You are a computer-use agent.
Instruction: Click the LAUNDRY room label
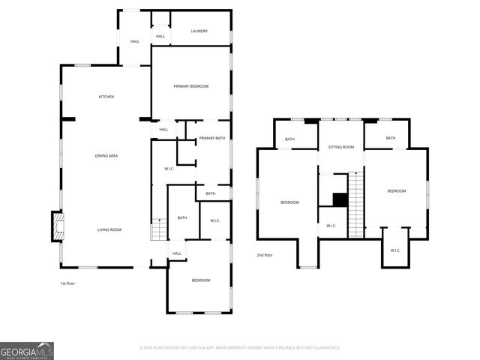tap(199, 31)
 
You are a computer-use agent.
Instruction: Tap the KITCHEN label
tap(106, 97)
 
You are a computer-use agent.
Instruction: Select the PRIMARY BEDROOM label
tap(190, 86)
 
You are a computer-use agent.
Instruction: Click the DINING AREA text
tap(106, 155)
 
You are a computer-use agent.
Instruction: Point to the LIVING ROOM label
tap(109, 229)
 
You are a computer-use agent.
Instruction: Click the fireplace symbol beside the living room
tap(57, 226)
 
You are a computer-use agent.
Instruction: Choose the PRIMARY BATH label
tap(211, 138)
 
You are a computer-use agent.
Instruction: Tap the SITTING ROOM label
tap(340, 147)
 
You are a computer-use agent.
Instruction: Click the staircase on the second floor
tap(356, 204)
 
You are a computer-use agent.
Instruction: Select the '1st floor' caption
tap(68, 283)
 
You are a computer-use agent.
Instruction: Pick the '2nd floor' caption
tap(265, 255)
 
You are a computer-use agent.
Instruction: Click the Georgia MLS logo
tap(27, 350)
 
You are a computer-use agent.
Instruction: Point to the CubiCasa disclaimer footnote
tap(240, 347)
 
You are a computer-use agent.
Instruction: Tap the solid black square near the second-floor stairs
tap(340, 199)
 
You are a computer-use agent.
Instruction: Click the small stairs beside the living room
tap(157, 229)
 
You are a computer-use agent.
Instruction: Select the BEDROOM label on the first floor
tap(200, 280)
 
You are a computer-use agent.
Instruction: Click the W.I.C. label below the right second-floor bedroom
tap(395, 250)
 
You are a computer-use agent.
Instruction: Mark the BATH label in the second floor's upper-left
tap(289, 139)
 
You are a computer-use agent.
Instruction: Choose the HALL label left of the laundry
tap(135, 41)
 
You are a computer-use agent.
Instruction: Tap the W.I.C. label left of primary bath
tap(169, 168)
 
